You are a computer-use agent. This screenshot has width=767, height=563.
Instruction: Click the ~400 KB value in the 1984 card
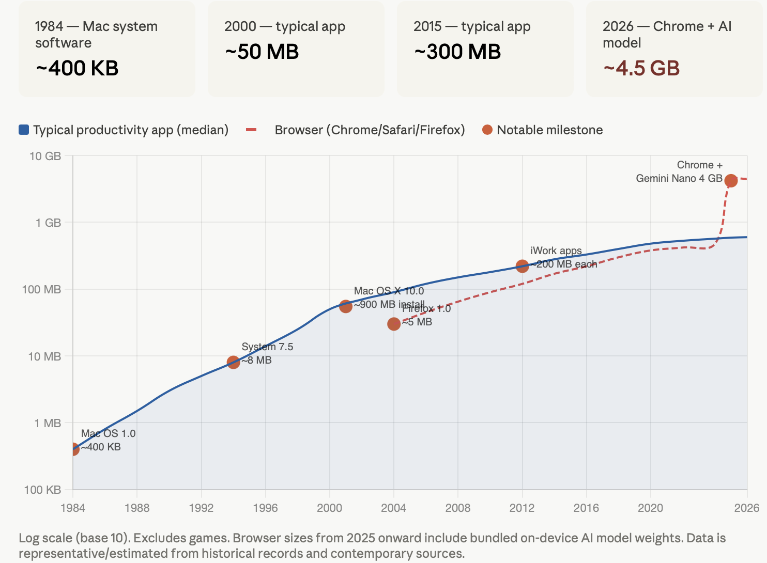tap(77, 68)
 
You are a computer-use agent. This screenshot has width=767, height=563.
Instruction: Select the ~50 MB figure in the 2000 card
tap(262, 52)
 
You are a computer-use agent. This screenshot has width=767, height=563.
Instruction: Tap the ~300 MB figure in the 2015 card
tap(457, 52)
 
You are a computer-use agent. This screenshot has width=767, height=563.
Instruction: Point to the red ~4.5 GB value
tap(641, 68)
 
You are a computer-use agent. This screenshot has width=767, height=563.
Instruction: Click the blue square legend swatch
tap(24, 130)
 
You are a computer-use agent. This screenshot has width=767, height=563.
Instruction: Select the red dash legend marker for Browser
tap(251, 130)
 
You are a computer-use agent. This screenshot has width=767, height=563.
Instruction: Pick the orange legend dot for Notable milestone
tap(487, 130)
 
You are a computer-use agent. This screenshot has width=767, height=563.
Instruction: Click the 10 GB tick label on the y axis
tap(45, 156)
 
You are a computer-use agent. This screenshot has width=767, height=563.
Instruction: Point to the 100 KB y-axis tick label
tap(43, 490)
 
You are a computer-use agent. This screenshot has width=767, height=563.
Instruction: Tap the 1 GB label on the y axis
tap(48, 223)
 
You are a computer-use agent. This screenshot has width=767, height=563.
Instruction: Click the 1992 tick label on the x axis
tap(201, 508)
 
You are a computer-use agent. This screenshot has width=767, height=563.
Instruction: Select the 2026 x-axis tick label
tap(747, 508)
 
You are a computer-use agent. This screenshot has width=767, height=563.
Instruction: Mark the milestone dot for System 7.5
tap(233, 362)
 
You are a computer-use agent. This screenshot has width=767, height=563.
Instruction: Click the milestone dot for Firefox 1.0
tap(394, 324)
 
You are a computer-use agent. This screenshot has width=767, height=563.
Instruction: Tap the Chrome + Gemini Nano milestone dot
tap(731, 180)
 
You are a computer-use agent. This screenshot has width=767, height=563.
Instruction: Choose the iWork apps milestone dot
tap(522, 266)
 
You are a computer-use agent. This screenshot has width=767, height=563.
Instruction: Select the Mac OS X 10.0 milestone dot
tap(346, 306)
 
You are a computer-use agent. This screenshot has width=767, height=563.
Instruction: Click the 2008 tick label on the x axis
tap(458, 508)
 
